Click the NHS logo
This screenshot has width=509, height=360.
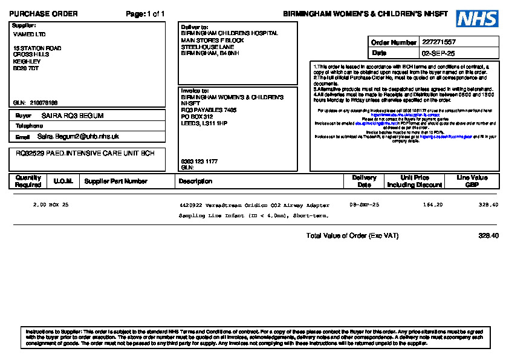pos(478,19)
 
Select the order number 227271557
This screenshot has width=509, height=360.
pos(439,42)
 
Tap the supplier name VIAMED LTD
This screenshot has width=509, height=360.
pos(29,34)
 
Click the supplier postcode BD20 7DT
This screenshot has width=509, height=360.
pos(26,68)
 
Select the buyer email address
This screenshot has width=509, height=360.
pos(78,137)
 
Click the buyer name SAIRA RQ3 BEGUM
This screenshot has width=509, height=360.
pos(73,116)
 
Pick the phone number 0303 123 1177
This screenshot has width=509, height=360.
pos(199,162)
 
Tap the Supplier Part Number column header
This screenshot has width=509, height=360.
pos(116,182)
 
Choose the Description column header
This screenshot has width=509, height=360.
pos(196,182)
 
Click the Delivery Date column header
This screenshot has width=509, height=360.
pos(364,182)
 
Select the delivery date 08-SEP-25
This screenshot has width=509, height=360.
pos(365,205)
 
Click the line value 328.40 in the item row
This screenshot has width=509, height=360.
pos(488,205)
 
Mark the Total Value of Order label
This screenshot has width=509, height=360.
pos(352,236)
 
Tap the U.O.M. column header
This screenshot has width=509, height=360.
pos(63,182)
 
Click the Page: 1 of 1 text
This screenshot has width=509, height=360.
pos(145,14)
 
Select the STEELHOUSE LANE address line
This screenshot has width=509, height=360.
pos(208,47)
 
